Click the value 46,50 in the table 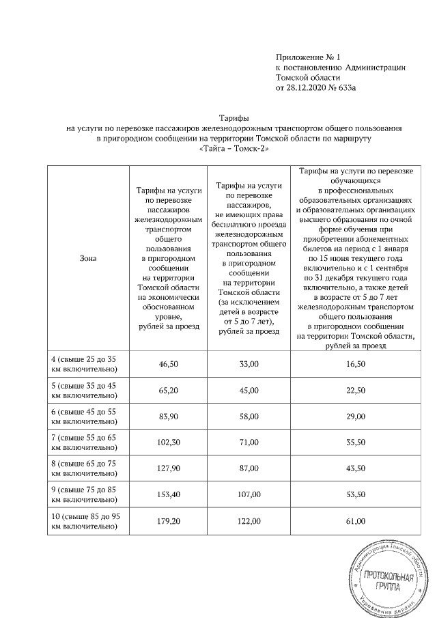tap(168, 365)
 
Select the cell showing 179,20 tap(168, 521)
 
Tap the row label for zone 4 tap(88, 365)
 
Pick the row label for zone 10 tap(88, 521)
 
